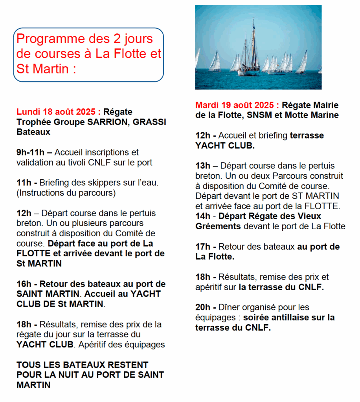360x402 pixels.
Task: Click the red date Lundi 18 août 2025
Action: click(58, 112)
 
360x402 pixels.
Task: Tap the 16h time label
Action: click(25, 284)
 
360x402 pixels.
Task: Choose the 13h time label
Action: click(203, 166)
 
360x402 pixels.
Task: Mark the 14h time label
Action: click(203, 216)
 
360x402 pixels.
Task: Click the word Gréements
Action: click(218, 226)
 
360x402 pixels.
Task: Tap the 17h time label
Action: click(203, 247)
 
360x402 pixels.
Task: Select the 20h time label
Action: click(203, 307)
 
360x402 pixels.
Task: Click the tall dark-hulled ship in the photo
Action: click(248, 59)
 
